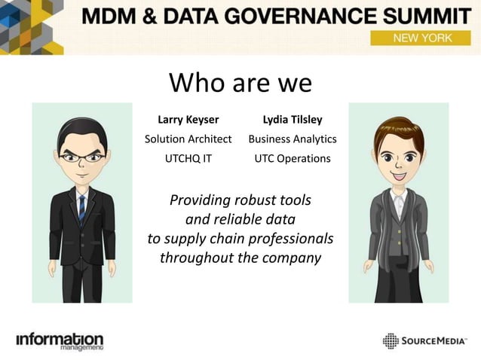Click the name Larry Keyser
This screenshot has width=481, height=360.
188,120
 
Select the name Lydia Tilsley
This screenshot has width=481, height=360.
292,120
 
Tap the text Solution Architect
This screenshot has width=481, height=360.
188,139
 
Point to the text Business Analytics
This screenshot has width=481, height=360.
292,139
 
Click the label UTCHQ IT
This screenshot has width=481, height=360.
188,159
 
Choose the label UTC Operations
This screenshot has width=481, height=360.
292,159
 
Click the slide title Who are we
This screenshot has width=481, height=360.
240,83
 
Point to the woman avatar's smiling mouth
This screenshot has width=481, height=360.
397,175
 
